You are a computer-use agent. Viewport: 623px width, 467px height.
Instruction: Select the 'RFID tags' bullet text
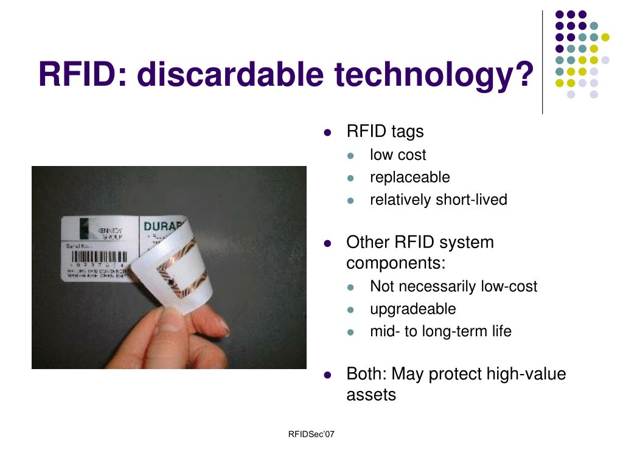point(385,131)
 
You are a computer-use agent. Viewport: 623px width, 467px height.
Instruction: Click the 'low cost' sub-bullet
point(398,155)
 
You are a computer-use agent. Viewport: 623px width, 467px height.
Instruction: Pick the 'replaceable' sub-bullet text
point(409,178)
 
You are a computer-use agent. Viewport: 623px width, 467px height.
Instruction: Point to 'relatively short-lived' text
point(438,200)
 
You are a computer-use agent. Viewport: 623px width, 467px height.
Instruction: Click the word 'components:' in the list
point(396,263)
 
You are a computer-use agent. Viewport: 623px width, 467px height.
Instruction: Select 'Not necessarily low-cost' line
point(453,286)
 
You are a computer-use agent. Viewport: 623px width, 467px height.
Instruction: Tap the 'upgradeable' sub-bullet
point(412,309)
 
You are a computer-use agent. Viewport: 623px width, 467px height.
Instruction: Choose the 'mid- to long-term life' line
point(440,331)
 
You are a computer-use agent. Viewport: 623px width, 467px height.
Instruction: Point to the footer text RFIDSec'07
point(311,434)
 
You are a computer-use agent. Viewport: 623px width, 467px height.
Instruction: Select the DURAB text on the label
point(159,227)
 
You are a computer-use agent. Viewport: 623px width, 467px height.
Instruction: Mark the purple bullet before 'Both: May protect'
point(327,375)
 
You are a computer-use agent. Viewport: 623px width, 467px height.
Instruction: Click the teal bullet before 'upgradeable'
point(350,310)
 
